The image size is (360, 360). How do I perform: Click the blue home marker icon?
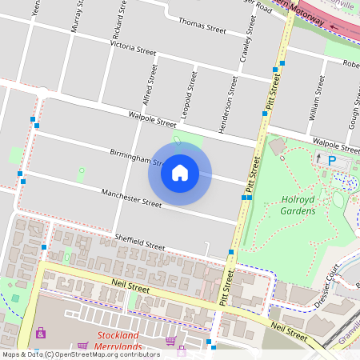point(180,173)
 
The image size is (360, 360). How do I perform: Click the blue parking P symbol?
point(332,161)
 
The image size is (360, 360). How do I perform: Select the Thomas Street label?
point(202,26)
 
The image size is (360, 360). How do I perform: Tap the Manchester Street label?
point(130,198)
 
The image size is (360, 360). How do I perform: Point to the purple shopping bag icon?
point(41,333)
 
